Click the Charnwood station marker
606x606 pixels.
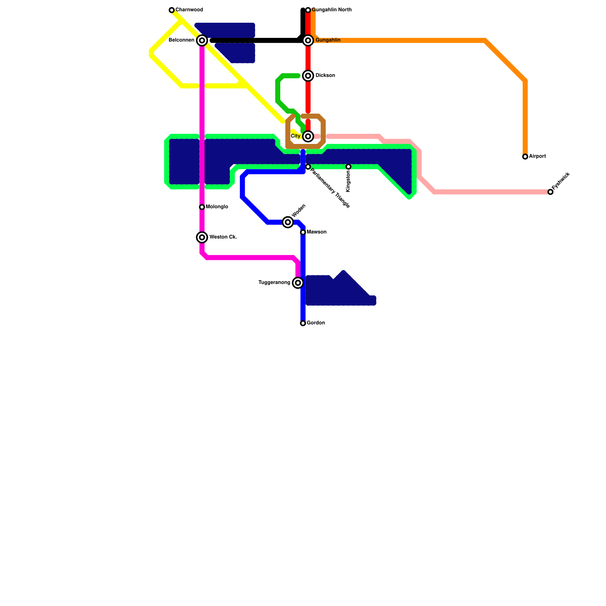[x=172, y=10]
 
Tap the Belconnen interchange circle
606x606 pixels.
[x=202, y=41]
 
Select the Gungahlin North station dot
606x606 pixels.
[x=308, y=10]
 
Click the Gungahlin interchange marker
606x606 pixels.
[x=308, y=41]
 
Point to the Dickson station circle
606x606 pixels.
[x=308, y=76]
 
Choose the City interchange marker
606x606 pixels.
[x=308, y=136]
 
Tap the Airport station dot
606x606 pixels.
[x=525, y=156]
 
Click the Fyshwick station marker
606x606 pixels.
[x=550, y=192]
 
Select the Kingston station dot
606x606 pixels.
[x=348, y=167]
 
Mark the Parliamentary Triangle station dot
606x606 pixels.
[x=308, y=167]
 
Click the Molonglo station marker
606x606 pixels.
[x=202, y=207]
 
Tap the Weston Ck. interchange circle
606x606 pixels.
[x=202, y=237]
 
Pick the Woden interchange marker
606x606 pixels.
[x=288, y=222]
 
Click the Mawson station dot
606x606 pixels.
[x=303, y=232]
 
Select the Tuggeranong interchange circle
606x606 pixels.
[x=298, y=283]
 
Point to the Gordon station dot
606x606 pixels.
[x=303, y=323]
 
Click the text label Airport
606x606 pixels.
[x=537, y=156]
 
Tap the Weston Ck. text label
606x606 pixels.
[x=223, y=237]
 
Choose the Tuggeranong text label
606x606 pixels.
[x=274, y=283]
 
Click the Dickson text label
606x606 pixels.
[x=325, y=76]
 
